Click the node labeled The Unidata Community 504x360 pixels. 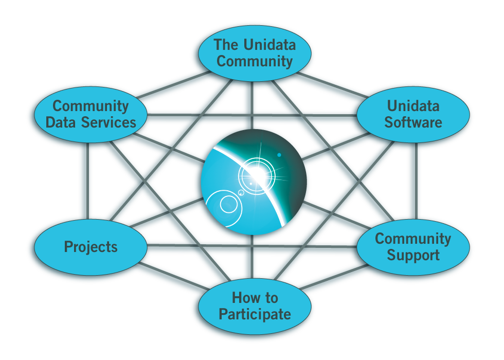(254, 53)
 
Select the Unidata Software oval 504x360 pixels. (413, 114)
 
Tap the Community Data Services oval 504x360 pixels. (91, 114)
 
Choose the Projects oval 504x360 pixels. (91, 247)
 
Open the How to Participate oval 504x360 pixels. (254, 306)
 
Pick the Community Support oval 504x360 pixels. (413, 247)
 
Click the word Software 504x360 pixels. (413, 122)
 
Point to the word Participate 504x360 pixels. (255, 314)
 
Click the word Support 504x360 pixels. (413, 255)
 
